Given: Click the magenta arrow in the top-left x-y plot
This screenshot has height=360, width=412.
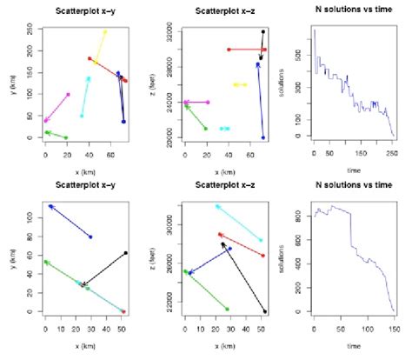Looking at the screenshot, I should pyautogui.click(x=57, y=107).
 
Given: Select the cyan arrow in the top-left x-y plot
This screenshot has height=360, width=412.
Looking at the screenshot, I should pyautogui.click(x=85, y=97).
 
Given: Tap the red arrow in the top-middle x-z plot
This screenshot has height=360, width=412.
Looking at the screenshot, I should pyautogui.click(x=246, y=50).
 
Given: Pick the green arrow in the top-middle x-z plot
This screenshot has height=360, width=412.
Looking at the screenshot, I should pyautogui.click(x=196, y=117).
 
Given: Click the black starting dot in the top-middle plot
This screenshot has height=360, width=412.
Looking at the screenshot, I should pyautogui.click(x=263, y=32).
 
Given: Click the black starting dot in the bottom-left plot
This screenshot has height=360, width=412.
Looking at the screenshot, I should pyautogui.click(x=125, y=253).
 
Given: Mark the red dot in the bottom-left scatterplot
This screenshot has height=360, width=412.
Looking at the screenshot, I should pyautogui.click(x=123, y=311).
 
